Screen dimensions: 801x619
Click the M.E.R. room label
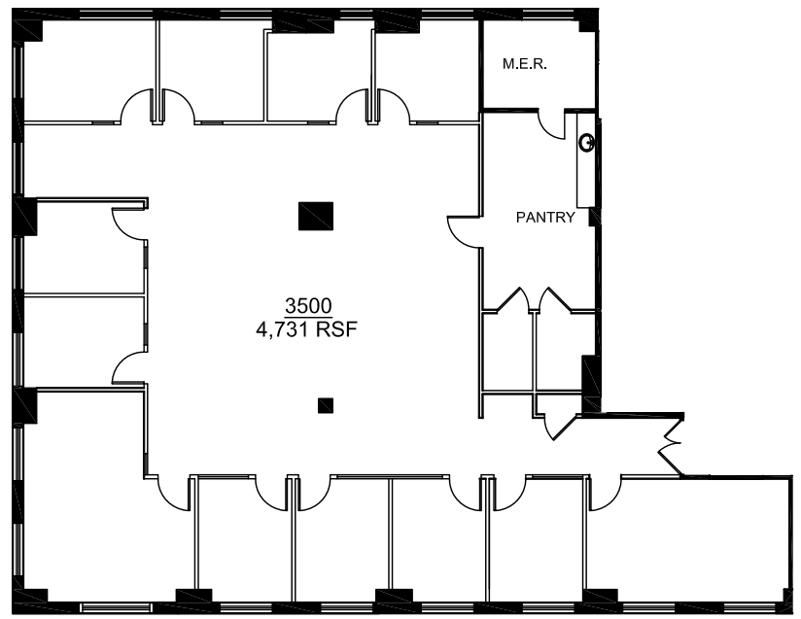coord(525,64)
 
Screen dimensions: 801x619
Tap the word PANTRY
coord(545,217)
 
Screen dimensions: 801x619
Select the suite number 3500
coord(308,306)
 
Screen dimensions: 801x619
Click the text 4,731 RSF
coord(306,329)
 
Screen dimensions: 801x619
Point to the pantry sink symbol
coord(587,142)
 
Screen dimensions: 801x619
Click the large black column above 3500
coord(316,216)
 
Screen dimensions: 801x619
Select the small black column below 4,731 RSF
coord(326,405)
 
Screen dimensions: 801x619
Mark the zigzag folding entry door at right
coord(670,446)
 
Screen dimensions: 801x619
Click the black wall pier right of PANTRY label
coord(593,217)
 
